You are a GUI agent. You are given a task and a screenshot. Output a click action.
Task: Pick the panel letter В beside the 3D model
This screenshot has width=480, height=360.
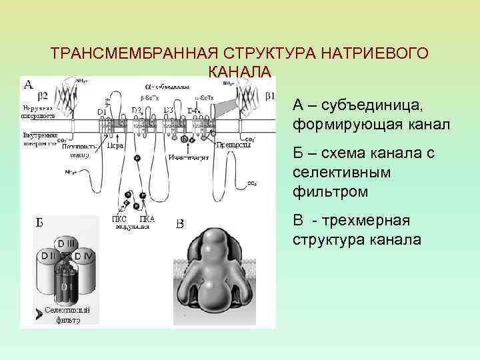(x=180, y=223)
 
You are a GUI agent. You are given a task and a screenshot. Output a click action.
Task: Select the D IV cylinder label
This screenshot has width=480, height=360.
(x=85, y=255)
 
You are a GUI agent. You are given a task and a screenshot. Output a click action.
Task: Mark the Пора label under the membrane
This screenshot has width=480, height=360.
(x=114, y=146)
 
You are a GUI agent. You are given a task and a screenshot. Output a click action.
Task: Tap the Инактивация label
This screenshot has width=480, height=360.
(x=189, y=158)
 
